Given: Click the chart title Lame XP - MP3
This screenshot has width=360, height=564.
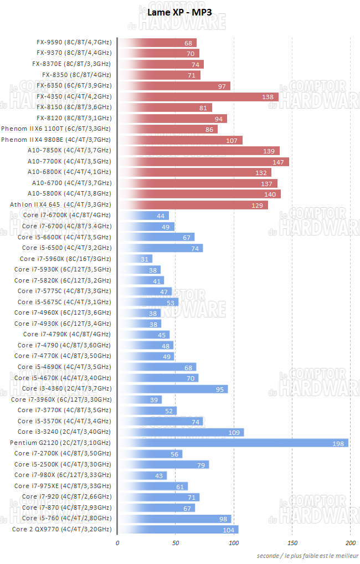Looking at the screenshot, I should click(179, 12).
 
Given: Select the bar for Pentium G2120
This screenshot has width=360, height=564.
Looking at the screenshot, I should click(233, 443).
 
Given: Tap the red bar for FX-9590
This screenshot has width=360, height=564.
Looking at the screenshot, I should click(157, 43).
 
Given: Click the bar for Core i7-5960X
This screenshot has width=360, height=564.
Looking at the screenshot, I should click(135, 259).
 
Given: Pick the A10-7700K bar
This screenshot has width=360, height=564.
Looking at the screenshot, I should click(203, 162).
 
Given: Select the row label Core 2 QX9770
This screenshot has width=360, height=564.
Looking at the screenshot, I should click(61, 529).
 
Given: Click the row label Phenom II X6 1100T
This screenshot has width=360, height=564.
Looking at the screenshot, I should click(56, 129).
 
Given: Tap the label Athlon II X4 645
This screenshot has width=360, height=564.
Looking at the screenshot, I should click(60, 204).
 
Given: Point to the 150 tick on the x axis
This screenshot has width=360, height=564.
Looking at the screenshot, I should click(292, 543).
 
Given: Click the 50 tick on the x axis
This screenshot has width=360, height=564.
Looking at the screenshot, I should click(176, 543).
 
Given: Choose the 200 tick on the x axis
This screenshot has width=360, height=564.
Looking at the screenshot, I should click(351, 543).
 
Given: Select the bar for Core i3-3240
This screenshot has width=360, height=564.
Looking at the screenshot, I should click(181, 432).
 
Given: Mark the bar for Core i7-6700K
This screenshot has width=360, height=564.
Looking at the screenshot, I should click(143, 216).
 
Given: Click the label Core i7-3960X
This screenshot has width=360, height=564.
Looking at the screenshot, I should click(61, 399).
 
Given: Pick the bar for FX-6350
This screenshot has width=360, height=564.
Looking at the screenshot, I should click(173, 86).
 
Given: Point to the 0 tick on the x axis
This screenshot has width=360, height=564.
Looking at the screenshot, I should click(117, 543).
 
